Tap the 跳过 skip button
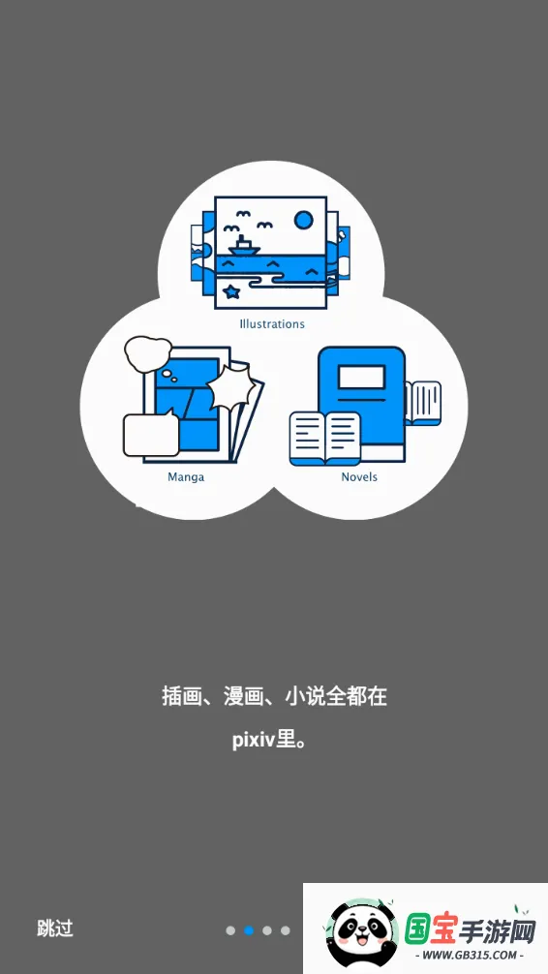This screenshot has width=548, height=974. tap(54, 928)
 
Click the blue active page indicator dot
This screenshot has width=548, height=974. tap(249, 930)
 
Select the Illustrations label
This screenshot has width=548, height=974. tap(272, 323)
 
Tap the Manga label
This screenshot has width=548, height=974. tap(186, 477)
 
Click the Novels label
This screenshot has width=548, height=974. tap(359, 476)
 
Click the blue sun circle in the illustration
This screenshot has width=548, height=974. tap(304, 220)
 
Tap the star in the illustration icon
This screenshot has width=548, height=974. tap(231, 290)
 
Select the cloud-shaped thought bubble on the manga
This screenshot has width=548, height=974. tap(148, 352)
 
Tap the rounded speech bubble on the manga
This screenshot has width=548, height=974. tap(151, 434)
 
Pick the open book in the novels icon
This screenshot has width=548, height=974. tap(325, 439)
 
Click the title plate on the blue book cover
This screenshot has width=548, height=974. tap(361, 376)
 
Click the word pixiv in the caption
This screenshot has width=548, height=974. tap(254, 741)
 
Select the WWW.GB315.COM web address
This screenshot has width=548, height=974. tap(470, 955)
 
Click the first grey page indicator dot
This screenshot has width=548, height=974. tap(230, 930)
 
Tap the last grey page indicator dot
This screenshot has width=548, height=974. tap(286, 930)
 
